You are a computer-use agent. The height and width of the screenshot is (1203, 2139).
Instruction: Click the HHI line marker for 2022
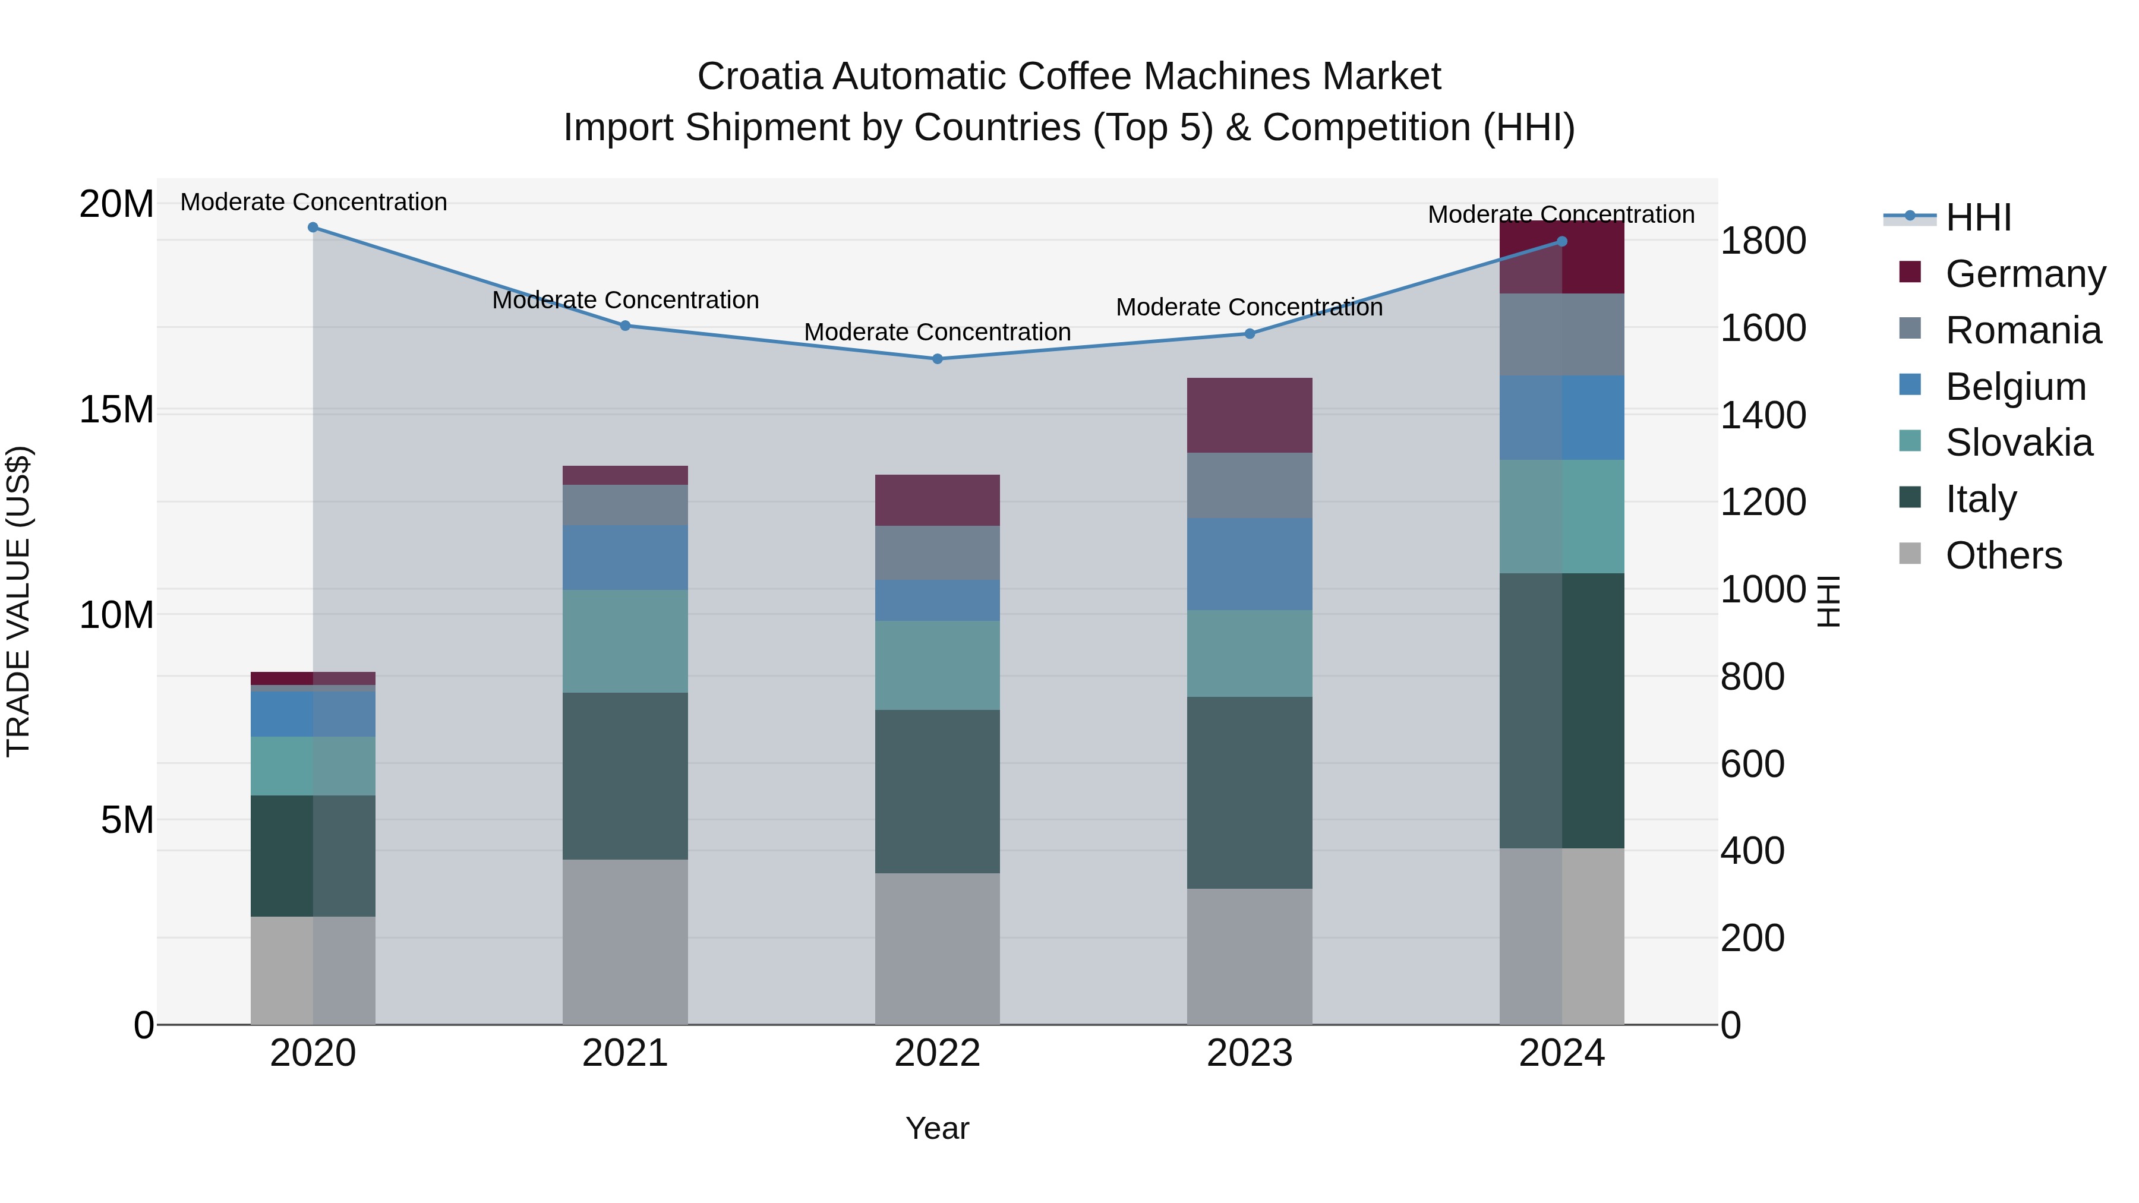[938, 359]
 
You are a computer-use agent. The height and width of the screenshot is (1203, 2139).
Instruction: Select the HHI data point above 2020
[313, 228]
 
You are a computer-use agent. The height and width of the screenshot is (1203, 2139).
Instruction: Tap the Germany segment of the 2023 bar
[1249, 415]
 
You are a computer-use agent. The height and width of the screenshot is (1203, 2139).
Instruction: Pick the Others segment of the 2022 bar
[938, 948]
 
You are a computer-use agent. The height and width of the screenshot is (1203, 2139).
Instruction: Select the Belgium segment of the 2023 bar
[1249, 564]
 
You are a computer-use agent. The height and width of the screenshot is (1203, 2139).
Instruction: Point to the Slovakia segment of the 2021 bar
[625, 641]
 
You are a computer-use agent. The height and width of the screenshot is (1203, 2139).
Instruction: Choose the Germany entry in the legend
[2024, 274]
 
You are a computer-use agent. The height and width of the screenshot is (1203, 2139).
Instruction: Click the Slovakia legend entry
[2018, 443]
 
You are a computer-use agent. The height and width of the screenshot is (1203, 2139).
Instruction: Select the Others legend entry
[2003, 555]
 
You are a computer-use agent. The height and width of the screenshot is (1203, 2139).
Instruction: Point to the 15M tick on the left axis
[117, 409]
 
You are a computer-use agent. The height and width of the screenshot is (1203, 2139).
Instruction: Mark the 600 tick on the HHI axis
[1752, 764]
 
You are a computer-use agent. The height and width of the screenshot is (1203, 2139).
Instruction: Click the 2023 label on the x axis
[1249, 1053]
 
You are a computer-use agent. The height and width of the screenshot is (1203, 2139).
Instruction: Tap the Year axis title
[938, 1128]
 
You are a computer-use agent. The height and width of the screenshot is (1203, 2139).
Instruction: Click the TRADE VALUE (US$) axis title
[18, 601]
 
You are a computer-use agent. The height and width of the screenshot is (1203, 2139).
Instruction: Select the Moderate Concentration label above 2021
[625, 300]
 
